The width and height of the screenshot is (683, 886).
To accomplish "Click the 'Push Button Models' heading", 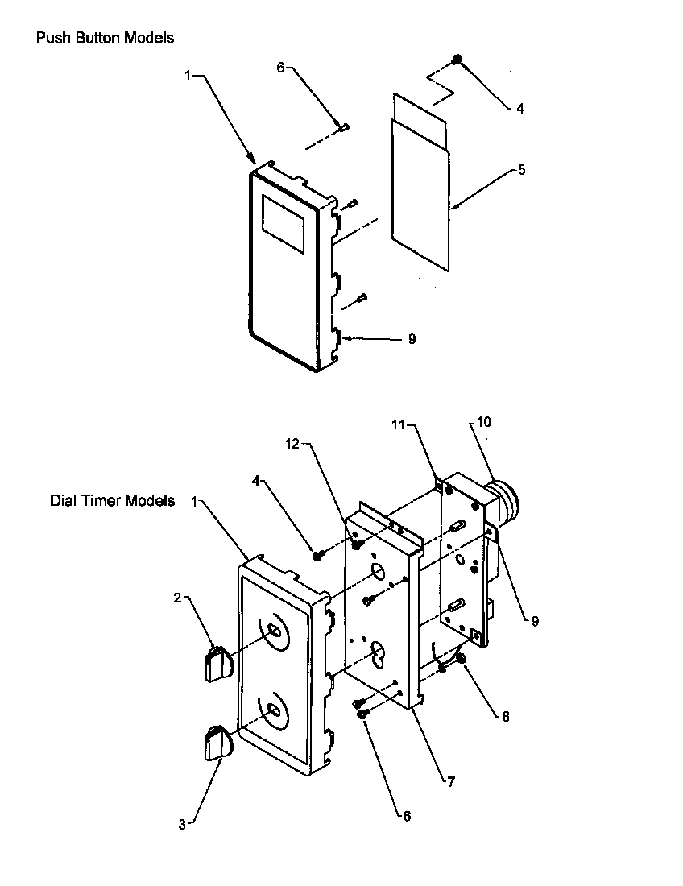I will coord(105,38).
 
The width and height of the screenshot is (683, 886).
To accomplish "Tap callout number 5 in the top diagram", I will coord(522,170).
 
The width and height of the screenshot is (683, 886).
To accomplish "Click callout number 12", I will coord(292,443).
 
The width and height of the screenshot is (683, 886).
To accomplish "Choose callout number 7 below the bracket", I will coord(451,781).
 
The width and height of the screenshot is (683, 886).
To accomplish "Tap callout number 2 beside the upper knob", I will coord(176,598).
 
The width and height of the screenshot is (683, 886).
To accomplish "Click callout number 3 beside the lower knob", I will coord(182,824).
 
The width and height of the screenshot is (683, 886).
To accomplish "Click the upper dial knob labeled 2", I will coord(216,663).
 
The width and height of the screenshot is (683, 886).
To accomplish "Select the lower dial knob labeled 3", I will coord(216,743).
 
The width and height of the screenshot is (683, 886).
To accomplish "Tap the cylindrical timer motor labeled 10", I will coord(506,499).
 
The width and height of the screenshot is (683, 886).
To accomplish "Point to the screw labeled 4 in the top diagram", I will coord(457,60).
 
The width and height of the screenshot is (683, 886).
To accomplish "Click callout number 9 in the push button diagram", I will coord(412,339).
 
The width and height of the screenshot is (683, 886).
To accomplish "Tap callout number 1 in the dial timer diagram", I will coord(193,501).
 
